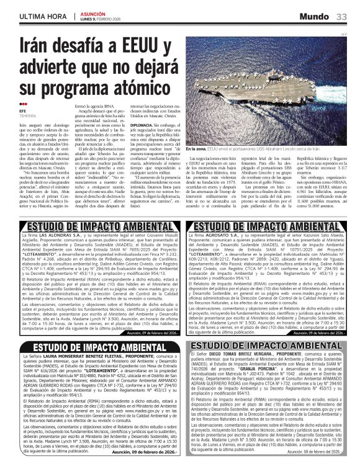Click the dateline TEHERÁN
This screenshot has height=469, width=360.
coord(28,116)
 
